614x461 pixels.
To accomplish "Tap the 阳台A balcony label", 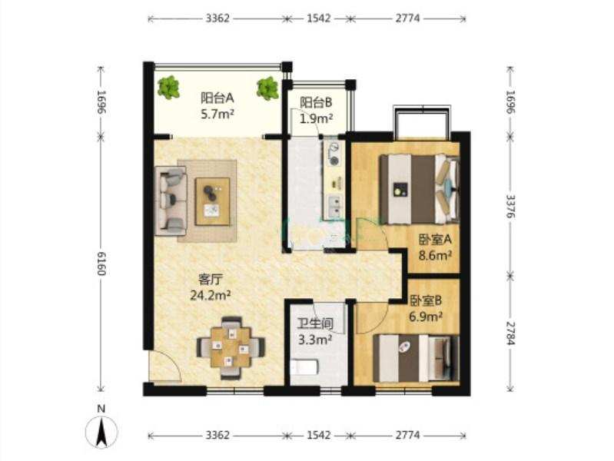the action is pyautogui.click(x=217, y=98).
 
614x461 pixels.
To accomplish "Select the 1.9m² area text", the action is pyautogui.click(x=317, y=118).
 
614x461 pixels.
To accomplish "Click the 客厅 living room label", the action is pyautogui.click(x=211, y=279).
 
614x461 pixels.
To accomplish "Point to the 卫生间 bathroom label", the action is pyautogui.click(x=315, y=323).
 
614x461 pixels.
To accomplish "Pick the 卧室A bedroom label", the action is pyautogui.click(x=435, y=239).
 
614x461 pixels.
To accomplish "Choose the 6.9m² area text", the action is pyautogui.click(x=426, y=316).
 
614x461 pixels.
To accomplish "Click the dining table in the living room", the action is pyautogui.click(x=231, y=348).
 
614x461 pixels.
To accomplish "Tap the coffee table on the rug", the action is pyautogui.click(x=213, y=201).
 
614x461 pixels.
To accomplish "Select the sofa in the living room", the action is pyautogui.click(x=171, y=201).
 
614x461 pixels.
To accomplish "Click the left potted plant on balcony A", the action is pyautogui.click(x=169, y=88).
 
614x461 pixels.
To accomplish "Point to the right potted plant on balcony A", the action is pyautogui.click(x=268, y=88).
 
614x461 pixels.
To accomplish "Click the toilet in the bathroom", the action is pyautogui.click(x=304, y=367).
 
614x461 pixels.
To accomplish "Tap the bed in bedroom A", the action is pyautogui.click(x=420, y=189).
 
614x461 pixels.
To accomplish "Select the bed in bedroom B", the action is pyautogui.click(x=416, y=358).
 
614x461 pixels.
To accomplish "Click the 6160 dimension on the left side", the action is pyautogui.click(x=101, y=264).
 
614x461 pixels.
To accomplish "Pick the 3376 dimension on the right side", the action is pyautogui.click(x=510, y=206).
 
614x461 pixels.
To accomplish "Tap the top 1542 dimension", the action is pyautogui.click(x=318, y=18).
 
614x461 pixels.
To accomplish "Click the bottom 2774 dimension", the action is pyautogui.click(x=407, y=435).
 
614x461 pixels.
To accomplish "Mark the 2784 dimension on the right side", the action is pyautogui.click(x=510, y=333).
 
